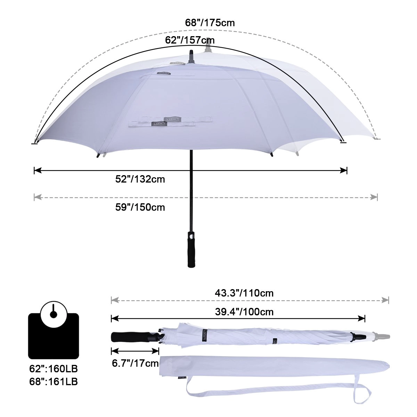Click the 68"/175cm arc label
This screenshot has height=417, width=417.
[210, 23]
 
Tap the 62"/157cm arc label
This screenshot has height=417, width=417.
[190, 40]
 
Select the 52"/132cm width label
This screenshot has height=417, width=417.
[140, 179]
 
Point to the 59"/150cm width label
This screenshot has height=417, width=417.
[140, 207]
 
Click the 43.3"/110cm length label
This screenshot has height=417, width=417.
[244, 293]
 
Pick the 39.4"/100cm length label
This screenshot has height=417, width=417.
[244, 312]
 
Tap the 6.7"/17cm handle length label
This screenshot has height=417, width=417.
[135, 363]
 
